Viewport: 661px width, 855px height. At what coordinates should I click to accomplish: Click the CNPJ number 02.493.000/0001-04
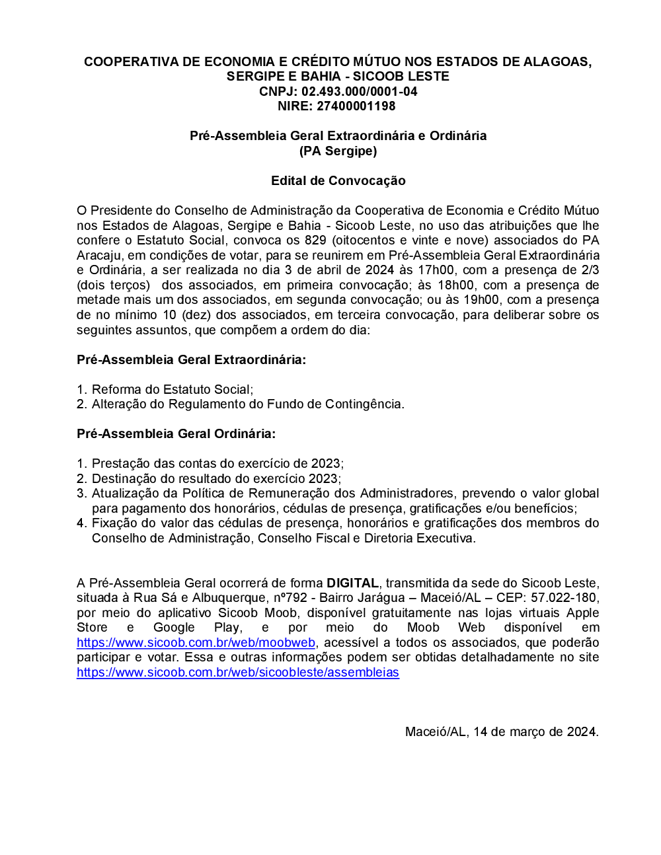(x=360, y=91)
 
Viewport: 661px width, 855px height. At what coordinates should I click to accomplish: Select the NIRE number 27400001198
(x=356, y=106)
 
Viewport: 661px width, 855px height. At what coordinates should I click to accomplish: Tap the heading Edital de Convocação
(x=338, y=180)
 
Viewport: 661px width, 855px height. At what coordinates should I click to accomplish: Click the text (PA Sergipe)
(x=338, y=151)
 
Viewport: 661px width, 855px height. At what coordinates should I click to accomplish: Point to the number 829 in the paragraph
(x=315, y=241)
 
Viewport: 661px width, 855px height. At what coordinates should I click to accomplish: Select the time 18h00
(x=455, y=285)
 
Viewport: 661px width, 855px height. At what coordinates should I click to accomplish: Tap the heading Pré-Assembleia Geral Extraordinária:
(x=191, y=360)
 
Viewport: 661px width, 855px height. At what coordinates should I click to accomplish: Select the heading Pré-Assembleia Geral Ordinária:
(x=176, y=434)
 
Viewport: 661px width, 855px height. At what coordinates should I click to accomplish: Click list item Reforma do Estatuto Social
(x=172, y=390)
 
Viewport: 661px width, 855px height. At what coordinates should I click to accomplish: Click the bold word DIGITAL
(x=352, y=583)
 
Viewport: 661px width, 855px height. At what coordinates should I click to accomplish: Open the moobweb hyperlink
(x=196, y=643)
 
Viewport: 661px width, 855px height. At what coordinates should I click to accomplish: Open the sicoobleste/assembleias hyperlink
(x=237, y=673)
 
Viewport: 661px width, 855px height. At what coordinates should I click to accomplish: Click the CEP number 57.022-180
(x=564, y=598)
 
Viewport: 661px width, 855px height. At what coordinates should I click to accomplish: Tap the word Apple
(x=582, y=613)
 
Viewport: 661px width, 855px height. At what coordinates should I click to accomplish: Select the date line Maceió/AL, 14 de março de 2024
(x=502, y=732)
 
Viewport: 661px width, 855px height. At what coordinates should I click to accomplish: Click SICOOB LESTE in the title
(x=401, y=76)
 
